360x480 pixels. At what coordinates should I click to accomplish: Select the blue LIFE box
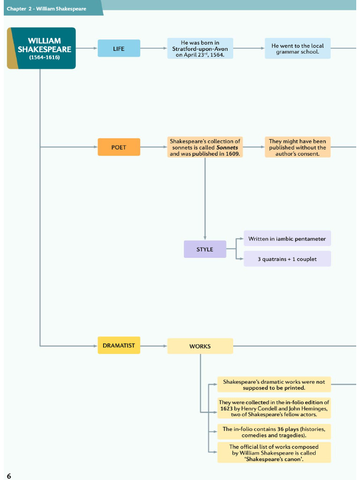pyautogui.click(x=119, y=48)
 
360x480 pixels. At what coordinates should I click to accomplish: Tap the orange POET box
pyautogui.click(x=119, y=147)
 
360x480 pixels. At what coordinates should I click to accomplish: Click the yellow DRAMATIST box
pyautogui.click(x=119, y=345)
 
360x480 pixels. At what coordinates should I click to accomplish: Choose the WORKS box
pyautogui.click(x=200, y=346)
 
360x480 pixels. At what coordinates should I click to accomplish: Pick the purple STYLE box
pyautogui.click(x=205, y=249)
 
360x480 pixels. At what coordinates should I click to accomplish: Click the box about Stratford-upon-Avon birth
pyautogui.click(x=200, y=49)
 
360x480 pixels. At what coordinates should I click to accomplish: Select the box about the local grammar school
pyautogui.click(x=298, y=49)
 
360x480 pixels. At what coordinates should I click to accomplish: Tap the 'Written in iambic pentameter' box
pyautogui.click(x=287, y=239)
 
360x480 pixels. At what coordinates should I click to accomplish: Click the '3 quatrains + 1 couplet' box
pyautogui.click(x=287, y=259)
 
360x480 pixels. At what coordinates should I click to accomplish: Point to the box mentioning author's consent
pyautogui.click(x=298, y=147)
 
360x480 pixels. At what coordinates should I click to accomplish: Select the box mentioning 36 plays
pyautogui.click(x=274, y=432)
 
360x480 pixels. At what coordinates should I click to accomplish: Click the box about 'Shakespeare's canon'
pyautogui.click(x=274, y=453)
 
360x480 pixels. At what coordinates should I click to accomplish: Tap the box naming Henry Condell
pyautogui.click(x=274, y=408)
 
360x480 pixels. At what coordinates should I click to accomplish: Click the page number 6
pyautogui.click(x=9, y=476)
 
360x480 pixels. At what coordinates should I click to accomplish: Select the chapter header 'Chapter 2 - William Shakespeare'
pyautogui.click(x=46, y=8)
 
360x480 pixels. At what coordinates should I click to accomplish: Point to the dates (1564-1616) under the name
pyautogui.click(x=45, y=57)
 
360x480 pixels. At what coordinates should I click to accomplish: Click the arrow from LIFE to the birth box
pyautogui.click(x=154, y=48)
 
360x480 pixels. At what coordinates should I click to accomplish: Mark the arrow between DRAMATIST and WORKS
pyautogui.click(x=154, y=346)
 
